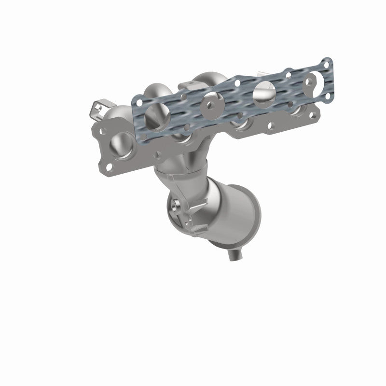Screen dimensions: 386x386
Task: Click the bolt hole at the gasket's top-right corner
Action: (328, 63)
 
